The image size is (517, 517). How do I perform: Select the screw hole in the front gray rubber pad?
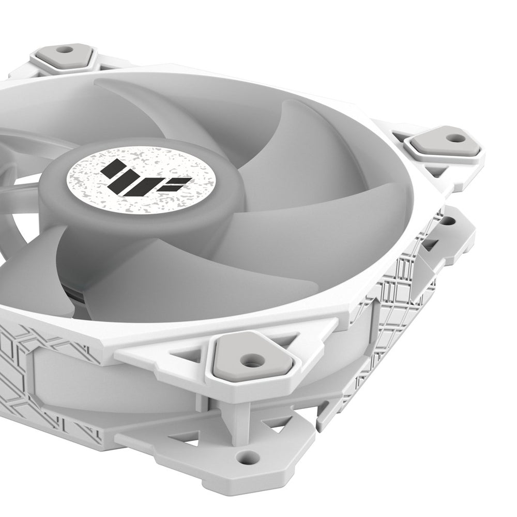click(252, 363)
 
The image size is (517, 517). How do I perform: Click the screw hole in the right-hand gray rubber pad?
click(455, 138)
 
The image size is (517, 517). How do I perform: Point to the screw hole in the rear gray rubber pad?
click(65, 50)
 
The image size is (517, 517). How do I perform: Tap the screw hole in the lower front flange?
click(248, 456)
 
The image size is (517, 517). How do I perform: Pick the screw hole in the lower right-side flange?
click(446, 221)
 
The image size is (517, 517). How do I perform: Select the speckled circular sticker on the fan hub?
click(142, 176)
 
